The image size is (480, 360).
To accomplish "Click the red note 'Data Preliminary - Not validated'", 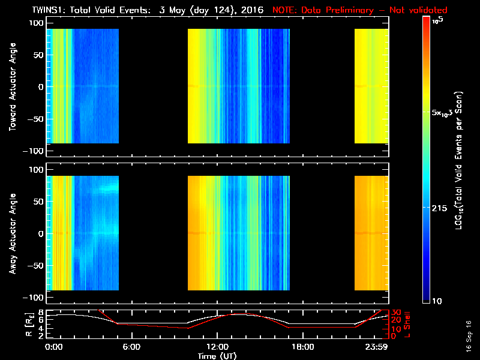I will (360, 10).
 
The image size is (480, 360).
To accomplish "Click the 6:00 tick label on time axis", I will (131, 346).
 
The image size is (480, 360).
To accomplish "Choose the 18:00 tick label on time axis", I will (302, 346).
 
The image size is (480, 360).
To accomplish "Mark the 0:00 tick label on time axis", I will (53, 346).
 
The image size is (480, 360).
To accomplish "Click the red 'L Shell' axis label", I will (408, 324).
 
